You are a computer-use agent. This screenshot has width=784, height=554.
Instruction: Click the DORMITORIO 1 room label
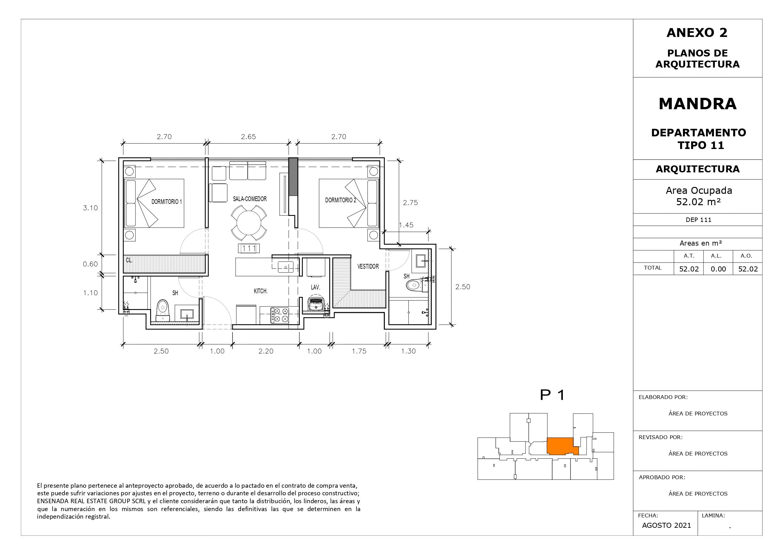[167, 202]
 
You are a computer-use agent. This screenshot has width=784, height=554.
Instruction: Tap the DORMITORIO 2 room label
[341, 200]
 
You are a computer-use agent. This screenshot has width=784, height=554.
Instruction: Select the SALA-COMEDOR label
[250, 199]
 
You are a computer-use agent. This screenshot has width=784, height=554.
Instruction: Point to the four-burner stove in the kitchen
[280, 315]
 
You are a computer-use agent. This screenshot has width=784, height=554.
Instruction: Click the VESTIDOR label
[368, 266]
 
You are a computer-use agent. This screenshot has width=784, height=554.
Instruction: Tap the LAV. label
[315, 287]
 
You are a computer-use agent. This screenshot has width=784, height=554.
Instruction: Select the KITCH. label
[261, 291]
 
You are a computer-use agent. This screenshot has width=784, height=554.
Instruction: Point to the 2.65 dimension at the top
[248, 137]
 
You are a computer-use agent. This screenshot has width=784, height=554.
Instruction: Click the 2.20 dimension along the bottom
[266, 351]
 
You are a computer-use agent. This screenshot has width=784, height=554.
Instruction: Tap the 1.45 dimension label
[406, 225]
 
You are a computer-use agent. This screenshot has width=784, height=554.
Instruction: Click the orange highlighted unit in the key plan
[561, 446]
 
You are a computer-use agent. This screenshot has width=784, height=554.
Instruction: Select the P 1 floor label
[552, 395]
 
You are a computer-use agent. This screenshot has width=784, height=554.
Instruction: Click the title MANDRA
[698, 104]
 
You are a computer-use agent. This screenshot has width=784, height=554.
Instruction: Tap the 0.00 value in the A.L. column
[718, 269]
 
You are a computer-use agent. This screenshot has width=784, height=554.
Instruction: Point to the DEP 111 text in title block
[698, 220]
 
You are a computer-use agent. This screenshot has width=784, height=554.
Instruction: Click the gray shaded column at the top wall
[293, 177]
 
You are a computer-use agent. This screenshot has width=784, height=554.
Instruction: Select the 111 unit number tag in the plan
[249, 248]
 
